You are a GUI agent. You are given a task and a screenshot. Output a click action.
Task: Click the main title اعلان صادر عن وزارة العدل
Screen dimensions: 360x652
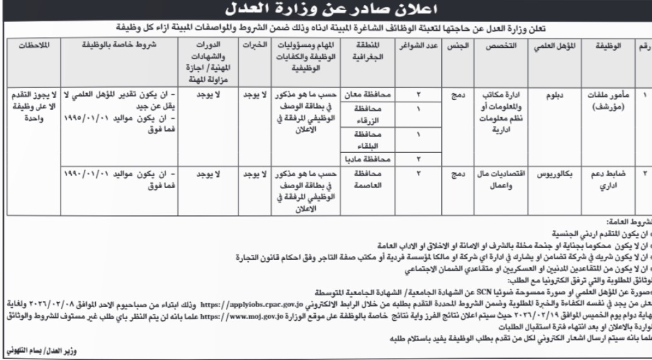[325, 11]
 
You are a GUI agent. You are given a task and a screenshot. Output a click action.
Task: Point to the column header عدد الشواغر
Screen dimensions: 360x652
[411, 48]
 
